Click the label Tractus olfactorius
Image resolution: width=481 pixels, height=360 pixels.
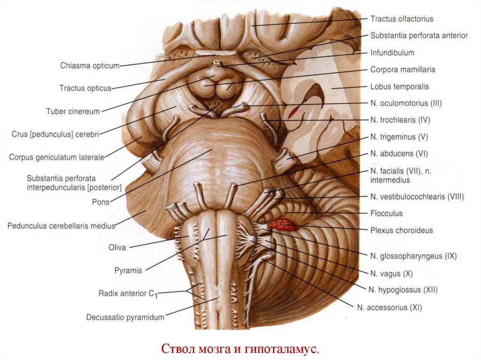[401, 19]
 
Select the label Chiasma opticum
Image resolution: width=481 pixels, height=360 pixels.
[90, 66]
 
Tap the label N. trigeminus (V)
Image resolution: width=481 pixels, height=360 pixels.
[399, 137]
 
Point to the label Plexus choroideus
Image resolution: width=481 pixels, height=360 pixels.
[401, 230]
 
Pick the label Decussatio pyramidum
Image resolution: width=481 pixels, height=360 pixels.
[125, 317]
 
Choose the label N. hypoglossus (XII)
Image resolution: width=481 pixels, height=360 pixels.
[403, 290]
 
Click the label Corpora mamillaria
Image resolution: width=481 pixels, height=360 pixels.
[403, 69]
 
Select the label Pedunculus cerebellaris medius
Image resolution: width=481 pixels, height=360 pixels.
[61, 226]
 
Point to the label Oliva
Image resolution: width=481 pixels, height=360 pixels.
[117, 247]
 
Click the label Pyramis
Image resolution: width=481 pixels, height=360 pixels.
[128, 270]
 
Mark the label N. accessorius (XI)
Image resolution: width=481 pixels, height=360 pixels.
[389, 308]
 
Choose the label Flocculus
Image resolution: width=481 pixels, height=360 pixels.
[386, 214]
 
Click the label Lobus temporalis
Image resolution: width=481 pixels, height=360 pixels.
[399, 86]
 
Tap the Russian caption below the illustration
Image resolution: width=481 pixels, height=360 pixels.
[240, 349]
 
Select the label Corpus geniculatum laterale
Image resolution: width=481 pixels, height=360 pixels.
[56, 157]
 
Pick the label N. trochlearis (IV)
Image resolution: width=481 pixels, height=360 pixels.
[400, 120]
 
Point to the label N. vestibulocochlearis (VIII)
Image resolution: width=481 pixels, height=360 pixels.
[417, 197]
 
